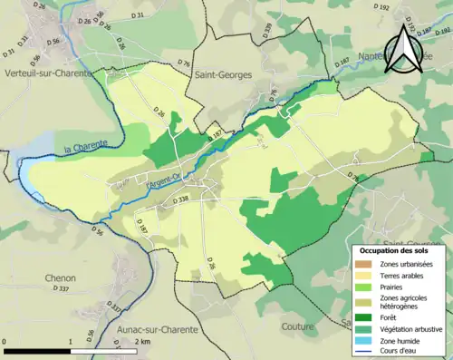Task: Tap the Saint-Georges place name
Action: tap(222, 77)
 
